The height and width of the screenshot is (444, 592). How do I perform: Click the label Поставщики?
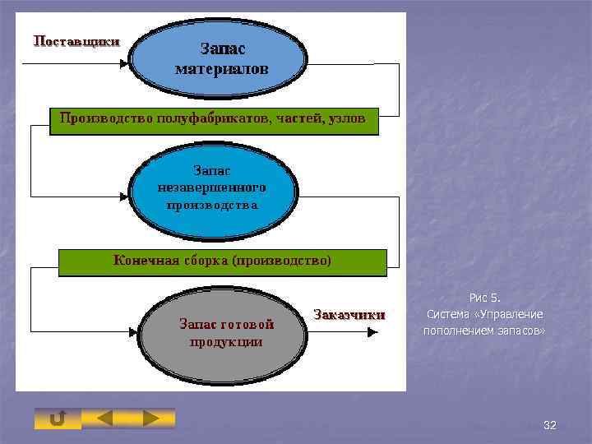click(x=76, y=40)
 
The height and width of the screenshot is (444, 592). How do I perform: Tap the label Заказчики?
click(x=349, y=314)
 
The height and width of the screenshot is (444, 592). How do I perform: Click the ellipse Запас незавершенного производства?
click(x=212, y=188)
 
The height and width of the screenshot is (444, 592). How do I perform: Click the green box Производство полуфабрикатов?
click(x=214, y=121)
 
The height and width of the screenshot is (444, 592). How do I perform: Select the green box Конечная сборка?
click(x=222, y=261)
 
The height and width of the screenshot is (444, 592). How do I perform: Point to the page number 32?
click(x=550, y=425)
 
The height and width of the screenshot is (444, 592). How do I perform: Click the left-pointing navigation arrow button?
click(x=105, y=419)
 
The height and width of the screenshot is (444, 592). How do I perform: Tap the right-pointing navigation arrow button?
click(x=151, y=419)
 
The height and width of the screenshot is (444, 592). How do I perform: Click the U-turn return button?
click(x=58, y=419)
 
